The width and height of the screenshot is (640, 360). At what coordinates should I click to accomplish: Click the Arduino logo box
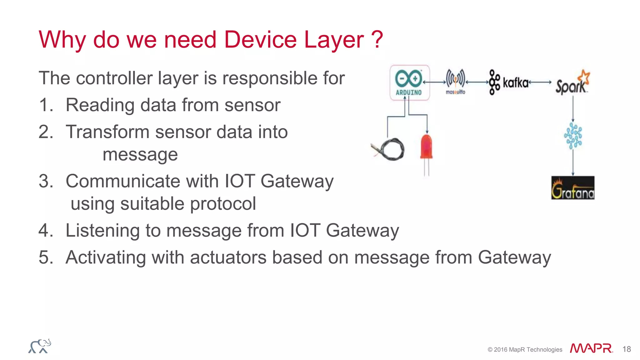pyautogui.click(x=409, y=82)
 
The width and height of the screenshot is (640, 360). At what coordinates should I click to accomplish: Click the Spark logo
pyautogui.click(x=572, y=83)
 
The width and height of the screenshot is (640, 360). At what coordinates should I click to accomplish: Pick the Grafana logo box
pyautogui.click(x=572, y=188)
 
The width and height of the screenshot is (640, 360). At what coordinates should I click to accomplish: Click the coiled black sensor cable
pyautogui.click(x=389, y=149)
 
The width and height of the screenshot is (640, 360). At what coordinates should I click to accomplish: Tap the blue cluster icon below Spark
pyautogui.click(x=573, y=136)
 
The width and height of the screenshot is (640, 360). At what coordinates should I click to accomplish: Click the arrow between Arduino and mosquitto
pyautogui.click(x=434, y=82)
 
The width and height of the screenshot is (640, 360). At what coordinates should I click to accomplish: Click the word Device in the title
pyautogui.click(x=260, y=40)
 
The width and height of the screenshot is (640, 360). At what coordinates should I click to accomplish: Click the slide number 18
pyautogui.click(x=626, y=349)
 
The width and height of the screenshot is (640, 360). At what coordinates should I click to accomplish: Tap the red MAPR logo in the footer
pyautogui.click(x=591, y=348)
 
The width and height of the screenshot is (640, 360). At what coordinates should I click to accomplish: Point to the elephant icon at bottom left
pyautogui.click(x=40, y=346)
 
